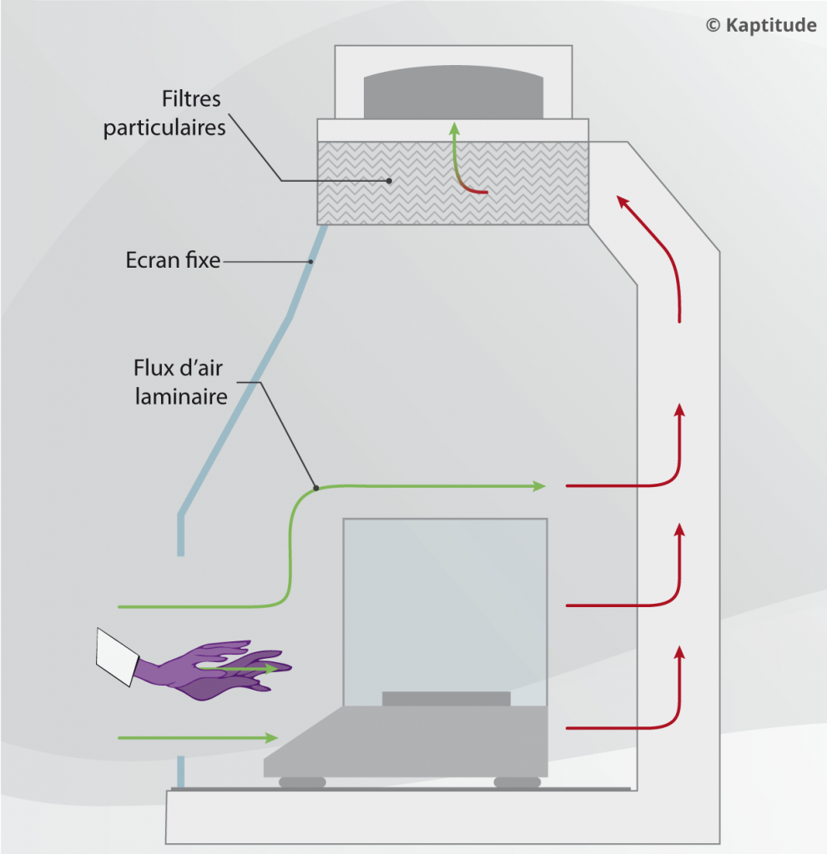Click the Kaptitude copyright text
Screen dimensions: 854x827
[x=760, y=25]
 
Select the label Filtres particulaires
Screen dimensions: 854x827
[x=164, y=114]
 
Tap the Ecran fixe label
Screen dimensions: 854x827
[x=173, y=260]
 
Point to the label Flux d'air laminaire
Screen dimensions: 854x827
[x=180, y=382]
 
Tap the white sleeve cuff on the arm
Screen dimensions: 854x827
[x=116, y=656]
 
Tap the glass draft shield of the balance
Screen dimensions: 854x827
[x=445, y=600]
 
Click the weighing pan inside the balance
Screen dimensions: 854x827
[x=446, y=698]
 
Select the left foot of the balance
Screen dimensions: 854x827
[x=302, y=782]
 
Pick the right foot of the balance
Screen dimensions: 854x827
[x=517, y=782]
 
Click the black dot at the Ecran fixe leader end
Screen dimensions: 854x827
[x=310, y=263]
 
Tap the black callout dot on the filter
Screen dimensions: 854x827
[x=389, y=180]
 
